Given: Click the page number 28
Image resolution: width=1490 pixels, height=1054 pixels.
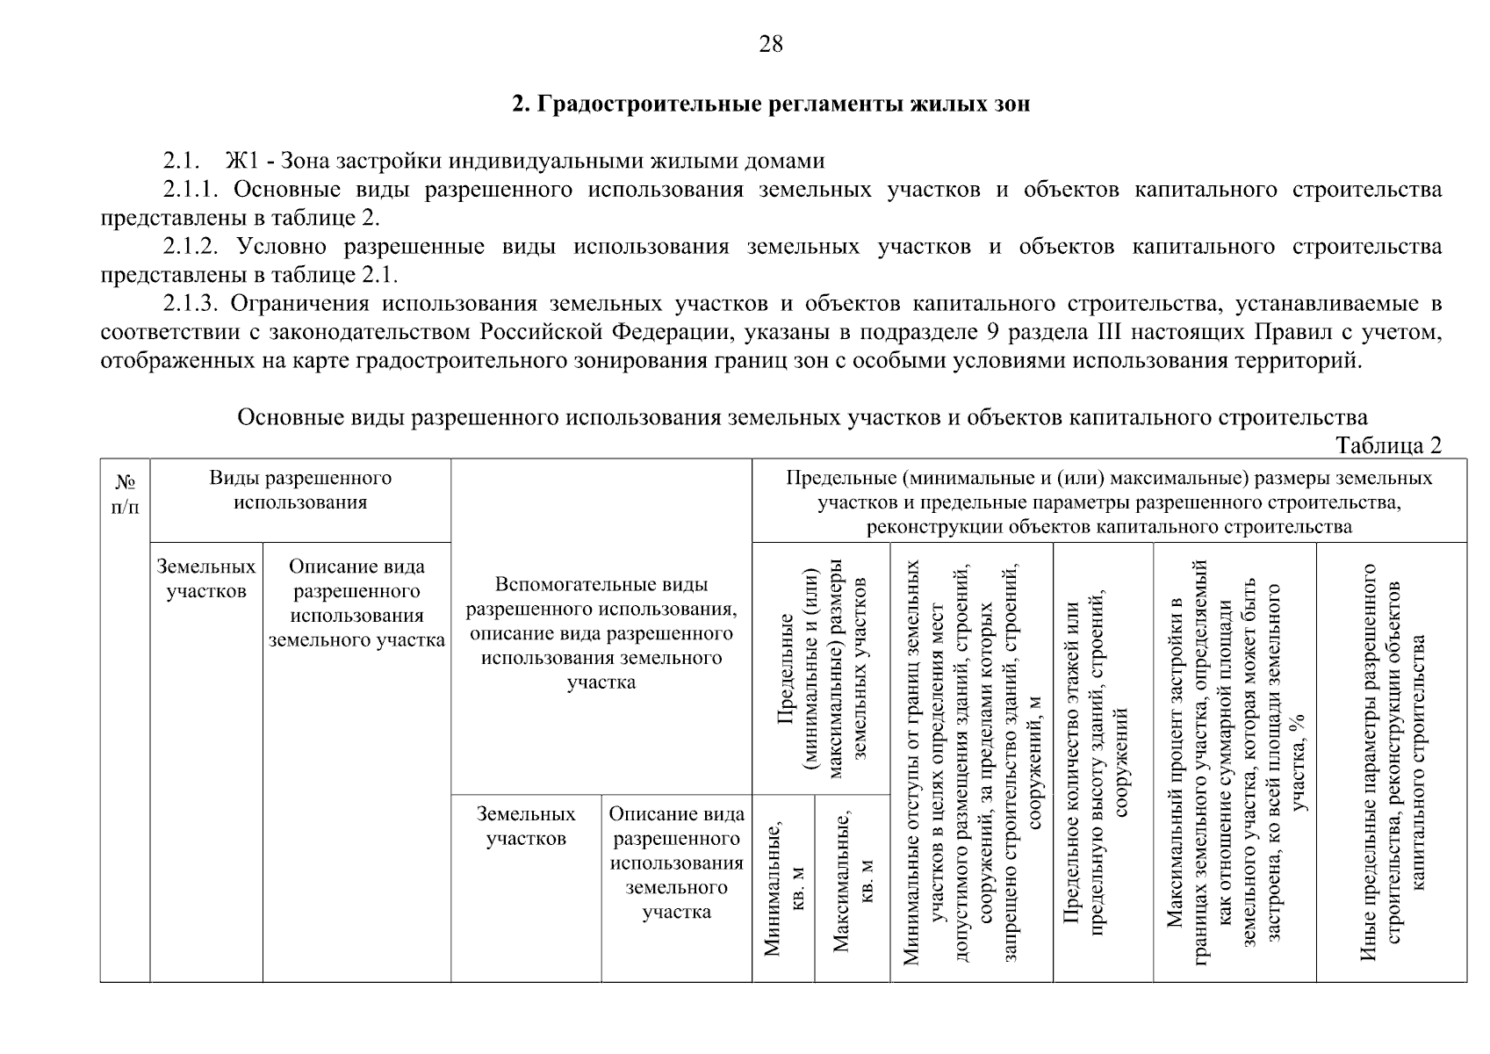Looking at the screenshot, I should pyautogui.click(x=770, y=45).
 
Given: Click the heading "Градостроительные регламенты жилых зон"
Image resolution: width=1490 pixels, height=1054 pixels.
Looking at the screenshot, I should pyautogui.click(x=770, y=105).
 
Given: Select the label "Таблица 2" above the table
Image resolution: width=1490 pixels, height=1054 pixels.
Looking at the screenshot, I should pyautogui.click(x=1388, y=445).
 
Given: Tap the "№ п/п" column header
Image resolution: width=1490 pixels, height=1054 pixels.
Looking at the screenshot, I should pyautogui.click(x=125, y=495).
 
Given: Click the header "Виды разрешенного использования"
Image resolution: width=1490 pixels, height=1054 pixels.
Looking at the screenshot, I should pyautogui.click(x=299, y=490).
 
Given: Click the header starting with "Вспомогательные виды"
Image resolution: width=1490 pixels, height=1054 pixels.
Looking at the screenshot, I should pyautogui.click(x=601, y=633).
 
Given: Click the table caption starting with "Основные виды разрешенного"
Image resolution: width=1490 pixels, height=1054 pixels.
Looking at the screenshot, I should pyautogui.click(x=802, y=417).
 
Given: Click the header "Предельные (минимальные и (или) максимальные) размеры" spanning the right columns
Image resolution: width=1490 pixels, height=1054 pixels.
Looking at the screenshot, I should pyautogui.click(x=1108, y=502).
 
